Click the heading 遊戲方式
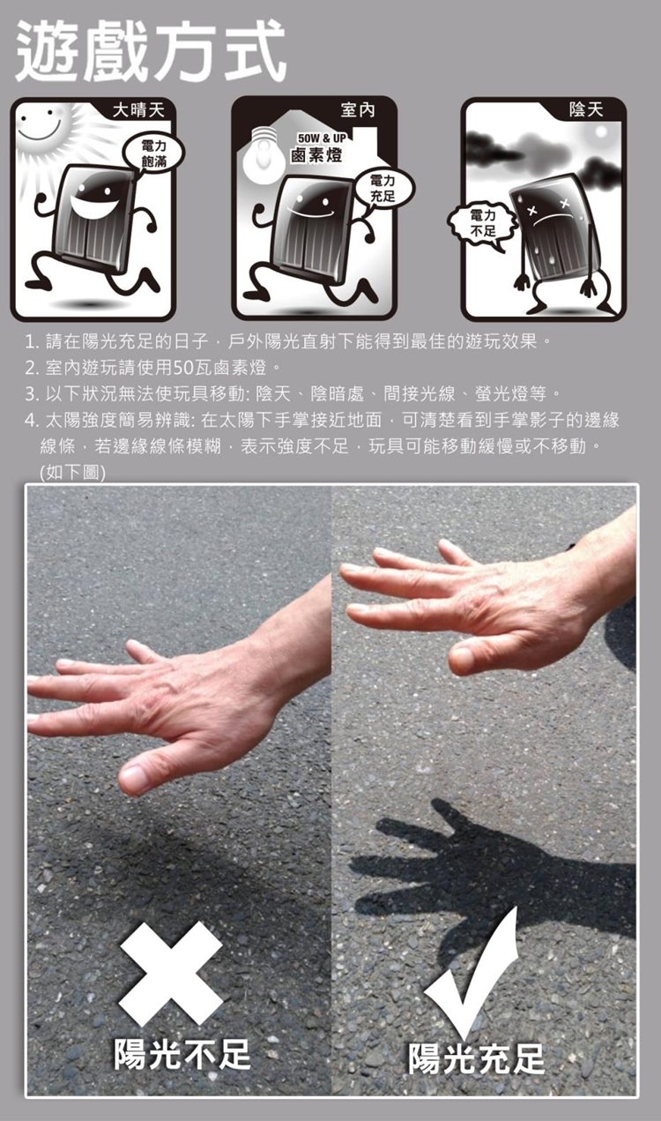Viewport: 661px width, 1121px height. tap(152, 51)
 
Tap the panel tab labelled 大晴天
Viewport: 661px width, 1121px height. tap(138, 109)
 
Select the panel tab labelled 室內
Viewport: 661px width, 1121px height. tap(358, 109)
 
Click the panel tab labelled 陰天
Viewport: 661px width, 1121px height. tap(586, 109)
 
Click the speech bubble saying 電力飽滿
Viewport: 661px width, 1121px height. tap(154, 154)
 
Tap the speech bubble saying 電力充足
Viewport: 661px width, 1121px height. tap(383, 188)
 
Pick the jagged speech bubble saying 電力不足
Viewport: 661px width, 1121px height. tap(482, 224)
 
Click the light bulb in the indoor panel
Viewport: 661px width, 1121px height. tap(264, 153)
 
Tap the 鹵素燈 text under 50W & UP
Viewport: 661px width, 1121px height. tap(317, 155)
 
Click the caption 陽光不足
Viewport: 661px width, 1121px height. tap(182, 1053)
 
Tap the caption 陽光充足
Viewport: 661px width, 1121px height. tap(477, 1058)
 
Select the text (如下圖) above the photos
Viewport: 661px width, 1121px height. tap(72, 472)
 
